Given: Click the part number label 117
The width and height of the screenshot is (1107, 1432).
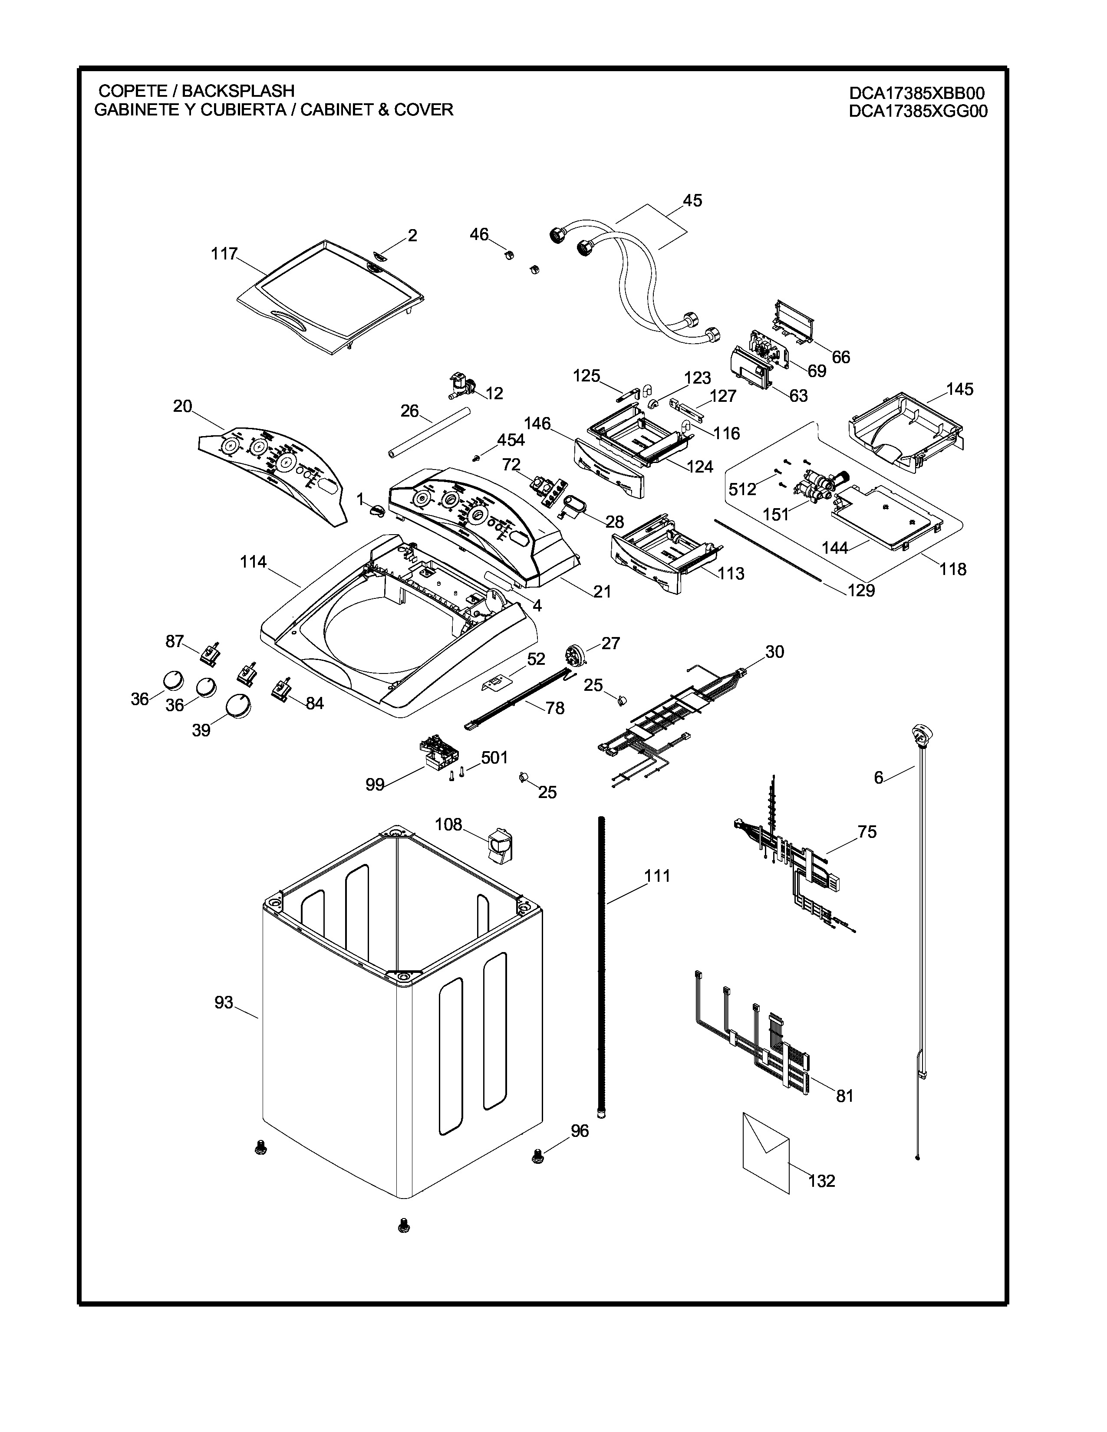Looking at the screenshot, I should [x=224, y=254].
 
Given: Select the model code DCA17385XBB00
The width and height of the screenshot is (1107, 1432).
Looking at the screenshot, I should [x=917, y=94].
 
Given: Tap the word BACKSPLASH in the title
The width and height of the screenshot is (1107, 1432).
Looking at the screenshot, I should [x=237, y=91].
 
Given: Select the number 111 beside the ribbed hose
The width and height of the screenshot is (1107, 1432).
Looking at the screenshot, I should [x=657, y=876].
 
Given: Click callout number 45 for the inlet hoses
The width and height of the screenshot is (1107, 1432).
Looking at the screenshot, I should [x=692, y=200].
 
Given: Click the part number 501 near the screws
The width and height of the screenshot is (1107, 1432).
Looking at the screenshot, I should [x=494, y=758].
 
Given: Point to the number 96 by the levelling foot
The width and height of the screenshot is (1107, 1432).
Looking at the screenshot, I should [x=580, y=1131].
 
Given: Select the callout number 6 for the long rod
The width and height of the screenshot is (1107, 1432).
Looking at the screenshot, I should [x=878, y=778].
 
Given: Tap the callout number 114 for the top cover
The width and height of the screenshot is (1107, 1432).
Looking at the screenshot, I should [x=253, y=562].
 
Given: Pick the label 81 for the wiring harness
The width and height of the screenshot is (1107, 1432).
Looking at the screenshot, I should [x=845, y=1096].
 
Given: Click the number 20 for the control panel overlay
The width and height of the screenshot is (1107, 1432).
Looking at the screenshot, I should [x=182, y=407].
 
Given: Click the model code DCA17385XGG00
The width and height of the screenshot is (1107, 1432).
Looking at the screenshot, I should [x=917, y=112].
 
